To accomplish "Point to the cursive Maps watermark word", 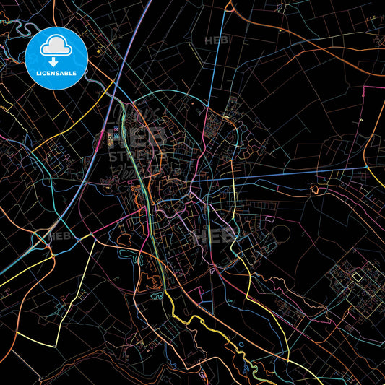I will pyautogui.click(x=134, y=116).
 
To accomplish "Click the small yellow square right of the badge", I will pyautogui.click(x=99, y=51).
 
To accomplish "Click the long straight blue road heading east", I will pyautogui.click(x=289, y=175).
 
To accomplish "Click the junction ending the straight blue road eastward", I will pyautogui.click(x=368, y=168).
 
